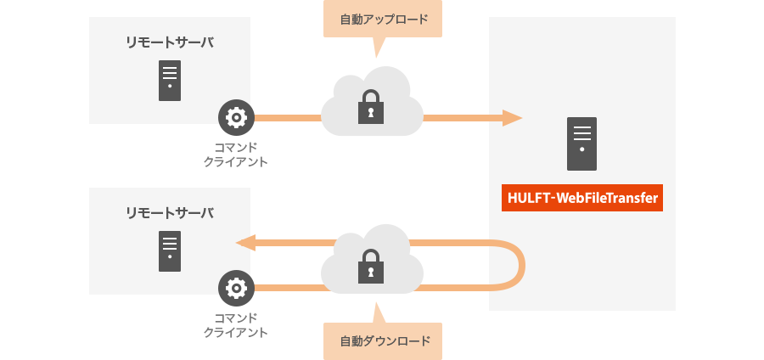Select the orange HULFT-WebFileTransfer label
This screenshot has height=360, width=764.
(x=582, y=198)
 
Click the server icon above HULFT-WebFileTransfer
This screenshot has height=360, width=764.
(x=582, y=143)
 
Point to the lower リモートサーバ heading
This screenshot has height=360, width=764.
(x=170, y=212)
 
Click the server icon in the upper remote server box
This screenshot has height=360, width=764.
(x=170, y=81)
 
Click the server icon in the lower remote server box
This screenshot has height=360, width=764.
(x=170, y=251)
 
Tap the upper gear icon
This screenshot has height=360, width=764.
(x=236, y=118)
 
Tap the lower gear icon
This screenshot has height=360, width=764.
(x=236, y=289)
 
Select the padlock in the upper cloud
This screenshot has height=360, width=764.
(x=371, y=107)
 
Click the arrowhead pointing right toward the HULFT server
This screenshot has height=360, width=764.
(x=511, y=118)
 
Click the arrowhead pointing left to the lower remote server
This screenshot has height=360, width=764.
(x=245, y=243)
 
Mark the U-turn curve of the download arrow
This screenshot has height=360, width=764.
(x=520, y=266)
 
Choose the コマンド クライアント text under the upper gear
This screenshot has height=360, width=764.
(x=236, y=154)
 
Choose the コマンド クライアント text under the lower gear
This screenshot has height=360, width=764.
(x=236, y=324)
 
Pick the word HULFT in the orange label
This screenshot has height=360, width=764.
(x=527, y=198)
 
